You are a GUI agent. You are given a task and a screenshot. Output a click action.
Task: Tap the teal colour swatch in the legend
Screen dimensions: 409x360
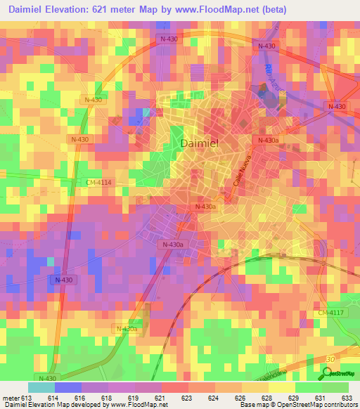click(x=41, y=387)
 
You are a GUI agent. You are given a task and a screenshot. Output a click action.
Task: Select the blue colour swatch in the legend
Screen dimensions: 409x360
click(x=68, y=387)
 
